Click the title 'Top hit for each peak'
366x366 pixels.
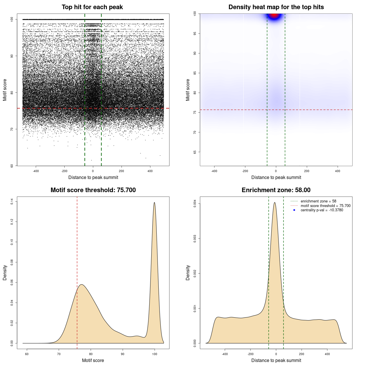92,7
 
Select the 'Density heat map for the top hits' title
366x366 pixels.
276,7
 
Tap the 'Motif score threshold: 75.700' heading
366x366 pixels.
93,190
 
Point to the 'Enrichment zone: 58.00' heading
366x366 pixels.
276,190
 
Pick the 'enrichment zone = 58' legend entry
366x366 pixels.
318,201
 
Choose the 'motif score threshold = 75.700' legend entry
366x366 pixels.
325,206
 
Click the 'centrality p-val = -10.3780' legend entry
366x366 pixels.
322,210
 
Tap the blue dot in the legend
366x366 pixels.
294,210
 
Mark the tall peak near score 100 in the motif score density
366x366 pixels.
154,203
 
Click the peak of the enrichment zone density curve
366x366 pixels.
275,203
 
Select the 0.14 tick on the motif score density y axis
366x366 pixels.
12,202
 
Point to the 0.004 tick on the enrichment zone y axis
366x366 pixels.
195,204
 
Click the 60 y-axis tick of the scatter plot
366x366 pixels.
12,166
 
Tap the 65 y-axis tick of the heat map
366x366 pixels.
195,152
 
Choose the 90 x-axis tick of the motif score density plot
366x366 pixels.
123,354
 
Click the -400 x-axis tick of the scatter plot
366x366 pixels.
36,171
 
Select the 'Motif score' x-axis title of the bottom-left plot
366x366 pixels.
93,360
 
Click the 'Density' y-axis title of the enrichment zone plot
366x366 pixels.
188,272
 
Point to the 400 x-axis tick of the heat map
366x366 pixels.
338,171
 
